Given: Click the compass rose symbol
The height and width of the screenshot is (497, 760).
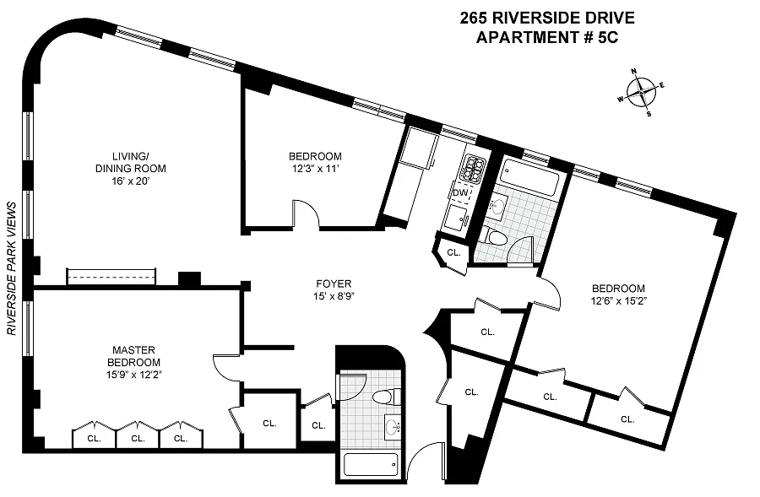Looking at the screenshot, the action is pos(641,92).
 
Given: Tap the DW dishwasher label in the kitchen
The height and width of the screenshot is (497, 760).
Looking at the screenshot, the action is pos(460,192).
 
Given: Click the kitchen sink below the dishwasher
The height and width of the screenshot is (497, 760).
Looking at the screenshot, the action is pos(457,217).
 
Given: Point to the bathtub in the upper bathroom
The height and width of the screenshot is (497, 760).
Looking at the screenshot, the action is pos(530,179).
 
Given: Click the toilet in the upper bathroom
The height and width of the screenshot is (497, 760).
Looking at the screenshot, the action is pos(494,237).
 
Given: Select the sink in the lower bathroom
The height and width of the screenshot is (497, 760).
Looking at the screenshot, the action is pos(392,427).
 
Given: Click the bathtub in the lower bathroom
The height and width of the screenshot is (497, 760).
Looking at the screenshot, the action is pos(372,465).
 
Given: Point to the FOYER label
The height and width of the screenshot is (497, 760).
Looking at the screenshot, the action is pos(334,284).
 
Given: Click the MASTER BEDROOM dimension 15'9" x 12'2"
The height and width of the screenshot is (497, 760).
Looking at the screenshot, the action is pos(133,374).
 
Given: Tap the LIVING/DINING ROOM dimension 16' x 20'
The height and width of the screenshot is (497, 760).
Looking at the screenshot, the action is pos(131,181).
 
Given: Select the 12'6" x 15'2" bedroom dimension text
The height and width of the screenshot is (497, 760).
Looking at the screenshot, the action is pos(619,300).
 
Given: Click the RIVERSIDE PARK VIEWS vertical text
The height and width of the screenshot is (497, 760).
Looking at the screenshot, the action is pos(12,268).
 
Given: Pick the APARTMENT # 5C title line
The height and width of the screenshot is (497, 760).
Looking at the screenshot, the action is pos(547,37).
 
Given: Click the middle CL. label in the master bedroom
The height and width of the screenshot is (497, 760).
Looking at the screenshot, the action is pos(138,439).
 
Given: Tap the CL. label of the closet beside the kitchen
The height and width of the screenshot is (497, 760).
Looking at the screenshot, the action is pos(453,252).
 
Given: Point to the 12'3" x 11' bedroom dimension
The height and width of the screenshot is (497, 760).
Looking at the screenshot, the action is pos(316,169).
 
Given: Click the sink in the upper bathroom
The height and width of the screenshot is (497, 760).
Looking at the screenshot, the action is pos(496,207).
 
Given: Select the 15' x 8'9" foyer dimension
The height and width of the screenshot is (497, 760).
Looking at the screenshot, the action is pos(334,296).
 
